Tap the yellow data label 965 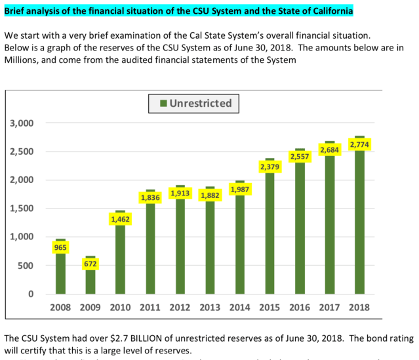click(x=61, y=247)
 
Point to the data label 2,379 click(x=270, y=167)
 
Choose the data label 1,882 click(x=210, y=195)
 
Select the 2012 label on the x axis click(x=180, y=307)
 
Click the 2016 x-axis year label click(x=300, y=307)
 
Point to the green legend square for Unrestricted click(x=162, y=103)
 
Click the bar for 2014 click(x=240, y=249)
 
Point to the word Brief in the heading click(x=18, y=11)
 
